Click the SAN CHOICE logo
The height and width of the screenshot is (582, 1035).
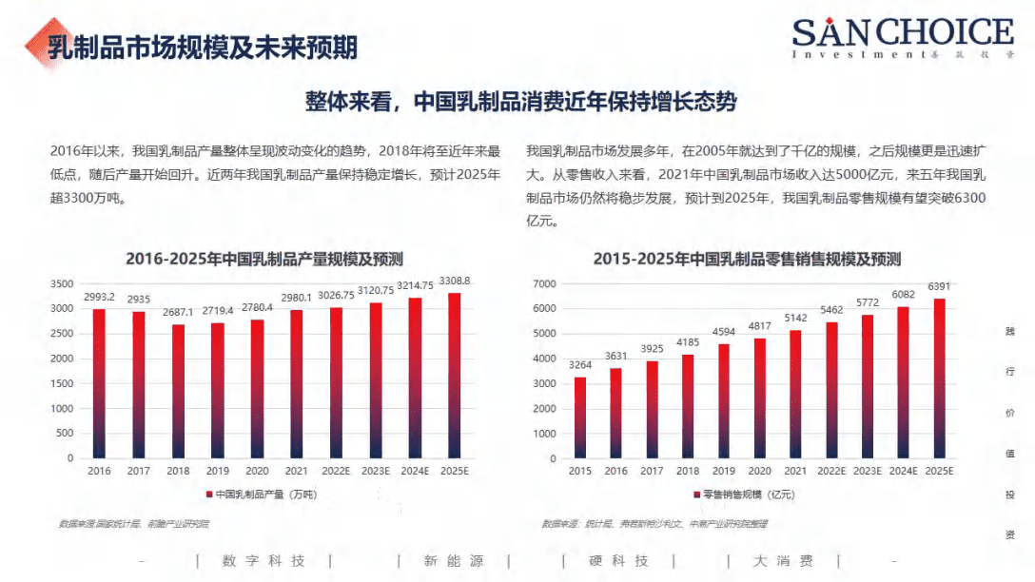point(903,36)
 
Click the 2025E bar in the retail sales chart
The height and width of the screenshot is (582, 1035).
point(939,378)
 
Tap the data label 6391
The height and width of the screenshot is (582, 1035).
point(939,286)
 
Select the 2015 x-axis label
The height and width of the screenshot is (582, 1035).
point(580,471)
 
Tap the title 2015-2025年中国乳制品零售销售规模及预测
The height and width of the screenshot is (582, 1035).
point(747,259)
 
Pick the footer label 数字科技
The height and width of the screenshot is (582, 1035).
point(264,561)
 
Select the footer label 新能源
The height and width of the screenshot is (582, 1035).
point(454,561)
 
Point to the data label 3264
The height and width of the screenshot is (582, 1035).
point(580,364)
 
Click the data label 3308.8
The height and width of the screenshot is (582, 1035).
point(454,281)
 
